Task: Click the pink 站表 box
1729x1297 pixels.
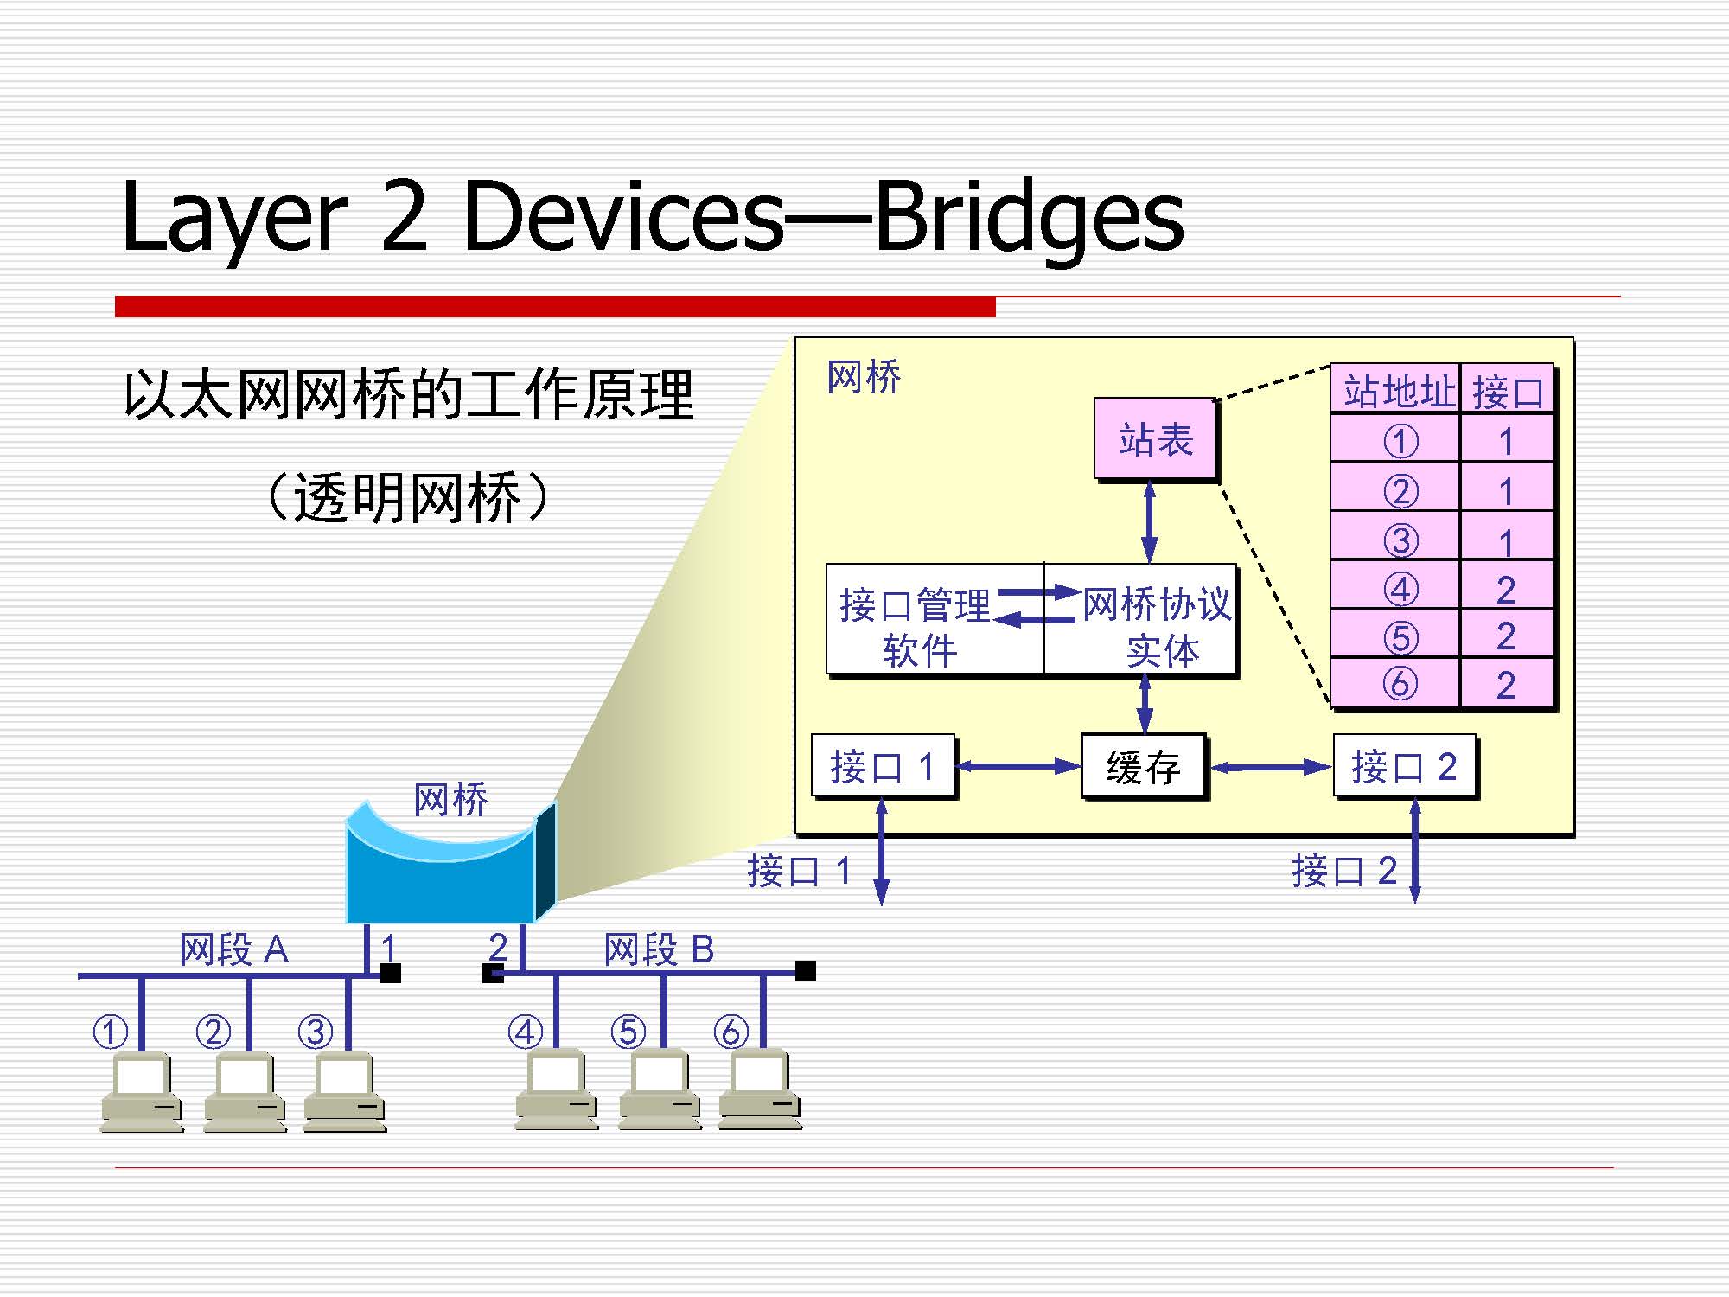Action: point(1155,439)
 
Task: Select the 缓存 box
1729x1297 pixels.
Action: point(1143,767)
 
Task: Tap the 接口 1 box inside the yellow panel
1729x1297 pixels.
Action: point(883,766)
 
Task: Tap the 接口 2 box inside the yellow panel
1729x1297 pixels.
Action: point(1404,766)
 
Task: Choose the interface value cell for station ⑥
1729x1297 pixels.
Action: point(1506,685)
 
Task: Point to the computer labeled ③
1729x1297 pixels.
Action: point(344,1091)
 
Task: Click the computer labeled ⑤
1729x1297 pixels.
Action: point(660,1089)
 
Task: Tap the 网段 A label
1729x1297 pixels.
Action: point(233,949)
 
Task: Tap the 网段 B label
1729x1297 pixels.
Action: point(659,949)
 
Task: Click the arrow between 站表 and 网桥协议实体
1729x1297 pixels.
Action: point(1149,522)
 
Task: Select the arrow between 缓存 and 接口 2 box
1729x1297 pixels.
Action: point(1271,767)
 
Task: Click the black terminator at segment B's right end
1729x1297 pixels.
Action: point(806,970)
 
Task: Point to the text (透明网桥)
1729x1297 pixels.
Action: point(407,497)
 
